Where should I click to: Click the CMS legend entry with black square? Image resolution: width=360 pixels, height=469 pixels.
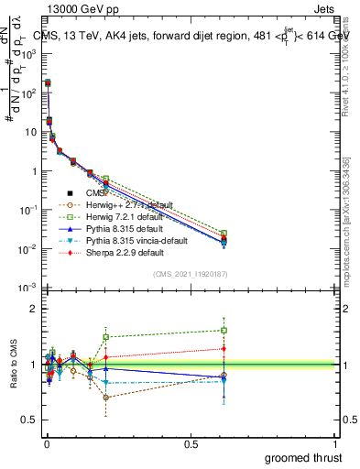pyautogui.click(x=96, y=193)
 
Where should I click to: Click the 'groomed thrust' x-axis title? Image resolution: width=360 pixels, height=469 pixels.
pyautogui.click(x=303, y=458)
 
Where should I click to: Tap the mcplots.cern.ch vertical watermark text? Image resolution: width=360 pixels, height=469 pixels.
pyautogui.click(x=346, y=220)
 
